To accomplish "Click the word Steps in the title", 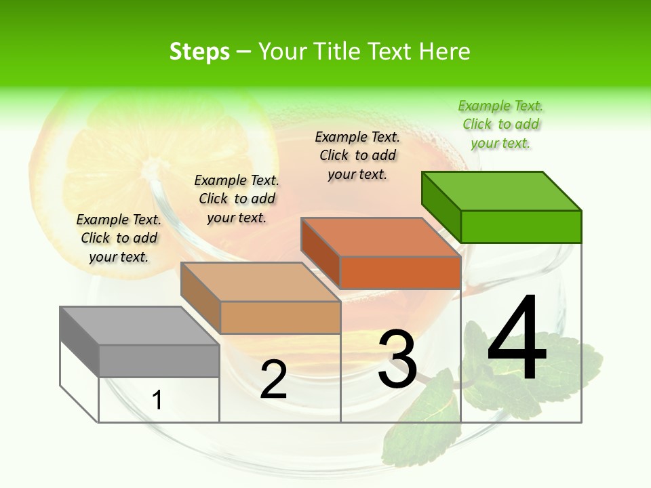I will click(x=199, y=52).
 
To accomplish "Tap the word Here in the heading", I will click(x=444, y=52).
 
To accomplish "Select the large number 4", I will click(x=517, y=339).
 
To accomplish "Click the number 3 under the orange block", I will click(x=397, y=359).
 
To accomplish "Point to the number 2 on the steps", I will click(x=273, y=380).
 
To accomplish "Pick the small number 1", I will click(x=157, y=400).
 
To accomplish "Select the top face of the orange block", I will click(x=380, y=237).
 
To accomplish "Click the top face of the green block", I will click(x=501, y=191).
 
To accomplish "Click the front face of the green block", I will click(x=521, y=226).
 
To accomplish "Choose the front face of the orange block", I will click(x=400, y=272).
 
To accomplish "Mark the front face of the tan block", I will click(x=280, y=317).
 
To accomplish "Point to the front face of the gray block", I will click(x=159, y=361).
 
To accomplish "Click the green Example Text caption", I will click(x=500, y=124).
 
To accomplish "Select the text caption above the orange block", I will click(x=357, y=155).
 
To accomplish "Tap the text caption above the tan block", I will click(x=237, y=199).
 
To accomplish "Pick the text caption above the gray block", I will click(x=119, y=238).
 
